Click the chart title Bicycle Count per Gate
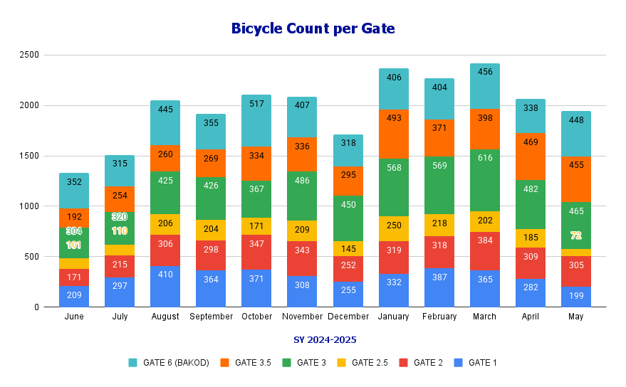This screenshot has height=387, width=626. tap(313, 28)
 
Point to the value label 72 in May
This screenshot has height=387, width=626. tap(576, 235)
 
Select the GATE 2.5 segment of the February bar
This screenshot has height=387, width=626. tap(439, 225)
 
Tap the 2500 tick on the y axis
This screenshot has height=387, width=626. tap(30, 55)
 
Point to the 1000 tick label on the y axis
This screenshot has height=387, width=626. tap(30, 206)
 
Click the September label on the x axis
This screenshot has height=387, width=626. tap(211, 317)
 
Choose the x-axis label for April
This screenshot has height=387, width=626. tap(530, 317)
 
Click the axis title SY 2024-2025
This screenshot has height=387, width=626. tap(325, 340)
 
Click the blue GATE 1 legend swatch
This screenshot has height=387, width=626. tap(458, 363)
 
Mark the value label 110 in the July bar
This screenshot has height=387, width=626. tap(120, 230)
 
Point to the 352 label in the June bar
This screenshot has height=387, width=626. tap(74, 181)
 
